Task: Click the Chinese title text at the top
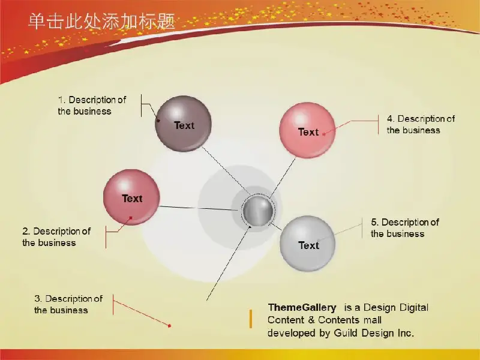tap(101, 22)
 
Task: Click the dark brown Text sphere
tap(183, 124)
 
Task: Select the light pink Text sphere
tap(307, 130)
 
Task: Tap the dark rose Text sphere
tap(131, 197)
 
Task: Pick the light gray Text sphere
tap(307, 244)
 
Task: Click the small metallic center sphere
tap(258, 211)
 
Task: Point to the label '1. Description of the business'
tap(92, 106)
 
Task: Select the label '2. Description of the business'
tap(56, 236)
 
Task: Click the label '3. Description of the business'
tap(68, 304)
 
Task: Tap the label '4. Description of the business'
tap(421, 124)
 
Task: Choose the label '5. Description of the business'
tap(405, 228)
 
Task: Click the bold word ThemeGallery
tap(302, 307)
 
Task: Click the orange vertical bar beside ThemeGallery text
tap(251, 319)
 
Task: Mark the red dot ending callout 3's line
tap(169, 326)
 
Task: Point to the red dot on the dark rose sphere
tap(131, 218)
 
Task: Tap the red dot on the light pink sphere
tap(324, 134)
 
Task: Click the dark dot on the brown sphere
tap(158, 121)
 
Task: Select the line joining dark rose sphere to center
tap(199, 208)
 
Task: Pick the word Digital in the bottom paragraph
tap(414, 307)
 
